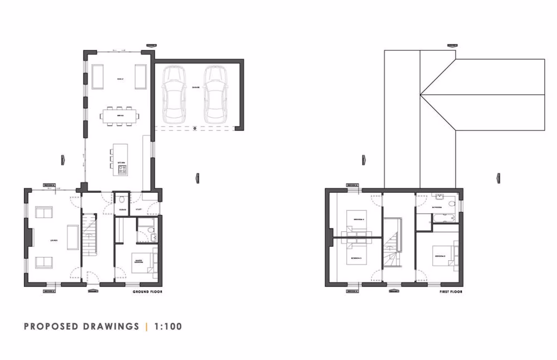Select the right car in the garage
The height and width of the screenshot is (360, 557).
215,95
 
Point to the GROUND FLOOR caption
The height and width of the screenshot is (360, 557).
147,291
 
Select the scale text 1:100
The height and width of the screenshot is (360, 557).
167,327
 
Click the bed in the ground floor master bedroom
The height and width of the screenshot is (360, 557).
143,262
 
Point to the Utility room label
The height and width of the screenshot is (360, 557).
139,210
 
